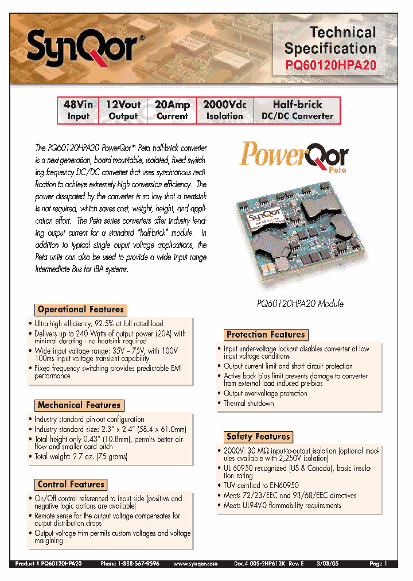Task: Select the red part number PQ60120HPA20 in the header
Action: (x=331, y=65)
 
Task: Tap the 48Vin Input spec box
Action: (x=79, y=110)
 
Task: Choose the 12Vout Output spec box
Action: (x=123, y=110)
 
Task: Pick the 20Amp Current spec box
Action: (x=172, y=110)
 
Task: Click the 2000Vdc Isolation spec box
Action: (x=225, y=110)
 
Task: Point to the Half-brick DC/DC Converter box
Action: (x=297, y=110)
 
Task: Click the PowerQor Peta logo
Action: (x=294, y=157)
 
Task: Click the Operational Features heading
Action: (x=80, y=309)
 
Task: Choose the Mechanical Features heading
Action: (x=79, y=405)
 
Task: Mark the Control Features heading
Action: (x=71, y=485)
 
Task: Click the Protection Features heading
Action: (x=266, y=335)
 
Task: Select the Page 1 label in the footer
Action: (x=379, y=564)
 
